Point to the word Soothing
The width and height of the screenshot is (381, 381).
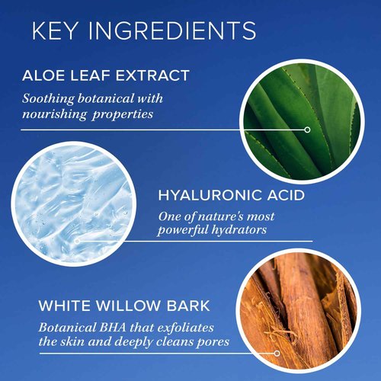47,98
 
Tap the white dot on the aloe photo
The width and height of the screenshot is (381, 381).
307,130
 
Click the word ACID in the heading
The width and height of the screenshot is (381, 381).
286,196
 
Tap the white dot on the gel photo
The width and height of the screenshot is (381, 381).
77,241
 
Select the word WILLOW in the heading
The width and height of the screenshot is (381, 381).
123,308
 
